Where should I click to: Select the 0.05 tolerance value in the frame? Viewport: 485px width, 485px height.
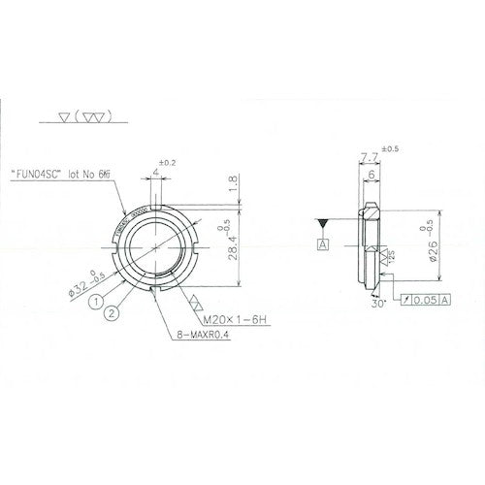(428, 302)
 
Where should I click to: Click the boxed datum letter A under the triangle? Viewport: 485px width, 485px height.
(321, 245)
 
